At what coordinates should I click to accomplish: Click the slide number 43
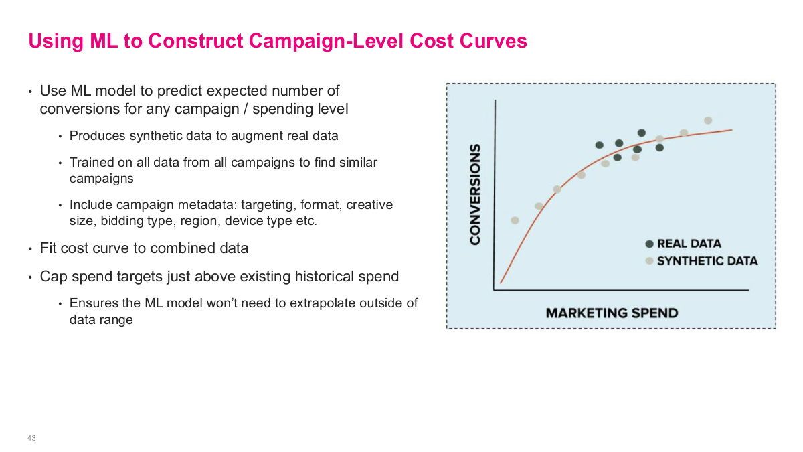click(31, 438)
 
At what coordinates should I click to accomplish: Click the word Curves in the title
click(493, 41)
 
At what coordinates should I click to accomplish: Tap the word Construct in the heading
click(195, 41)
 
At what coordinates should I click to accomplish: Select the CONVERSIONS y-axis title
click(475, 195)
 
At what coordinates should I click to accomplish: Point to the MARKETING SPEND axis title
click(612, 313)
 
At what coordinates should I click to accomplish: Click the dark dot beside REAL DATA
click(649, 244)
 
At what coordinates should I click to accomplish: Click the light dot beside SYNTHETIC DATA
click(649, 260)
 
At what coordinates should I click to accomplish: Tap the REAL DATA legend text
click(689, 244)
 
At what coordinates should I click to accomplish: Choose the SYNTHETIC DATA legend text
click(707, 261)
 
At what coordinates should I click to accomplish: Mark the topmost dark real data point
click(642, 133)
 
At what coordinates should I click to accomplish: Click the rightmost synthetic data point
click(708, 121)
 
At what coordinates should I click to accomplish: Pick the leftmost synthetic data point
click(515, 220)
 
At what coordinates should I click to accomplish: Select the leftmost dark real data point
click(600, 145)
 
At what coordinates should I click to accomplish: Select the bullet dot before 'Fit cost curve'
click(31, 249)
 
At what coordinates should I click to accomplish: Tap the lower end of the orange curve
click(501, 283)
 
